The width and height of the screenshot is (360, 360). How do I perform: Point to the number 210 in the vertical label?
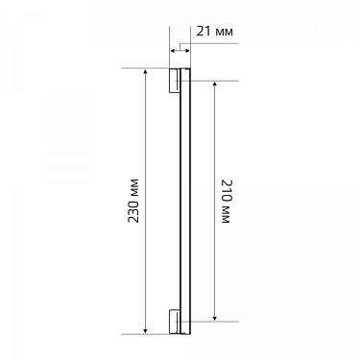click(x=226, y=190)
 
